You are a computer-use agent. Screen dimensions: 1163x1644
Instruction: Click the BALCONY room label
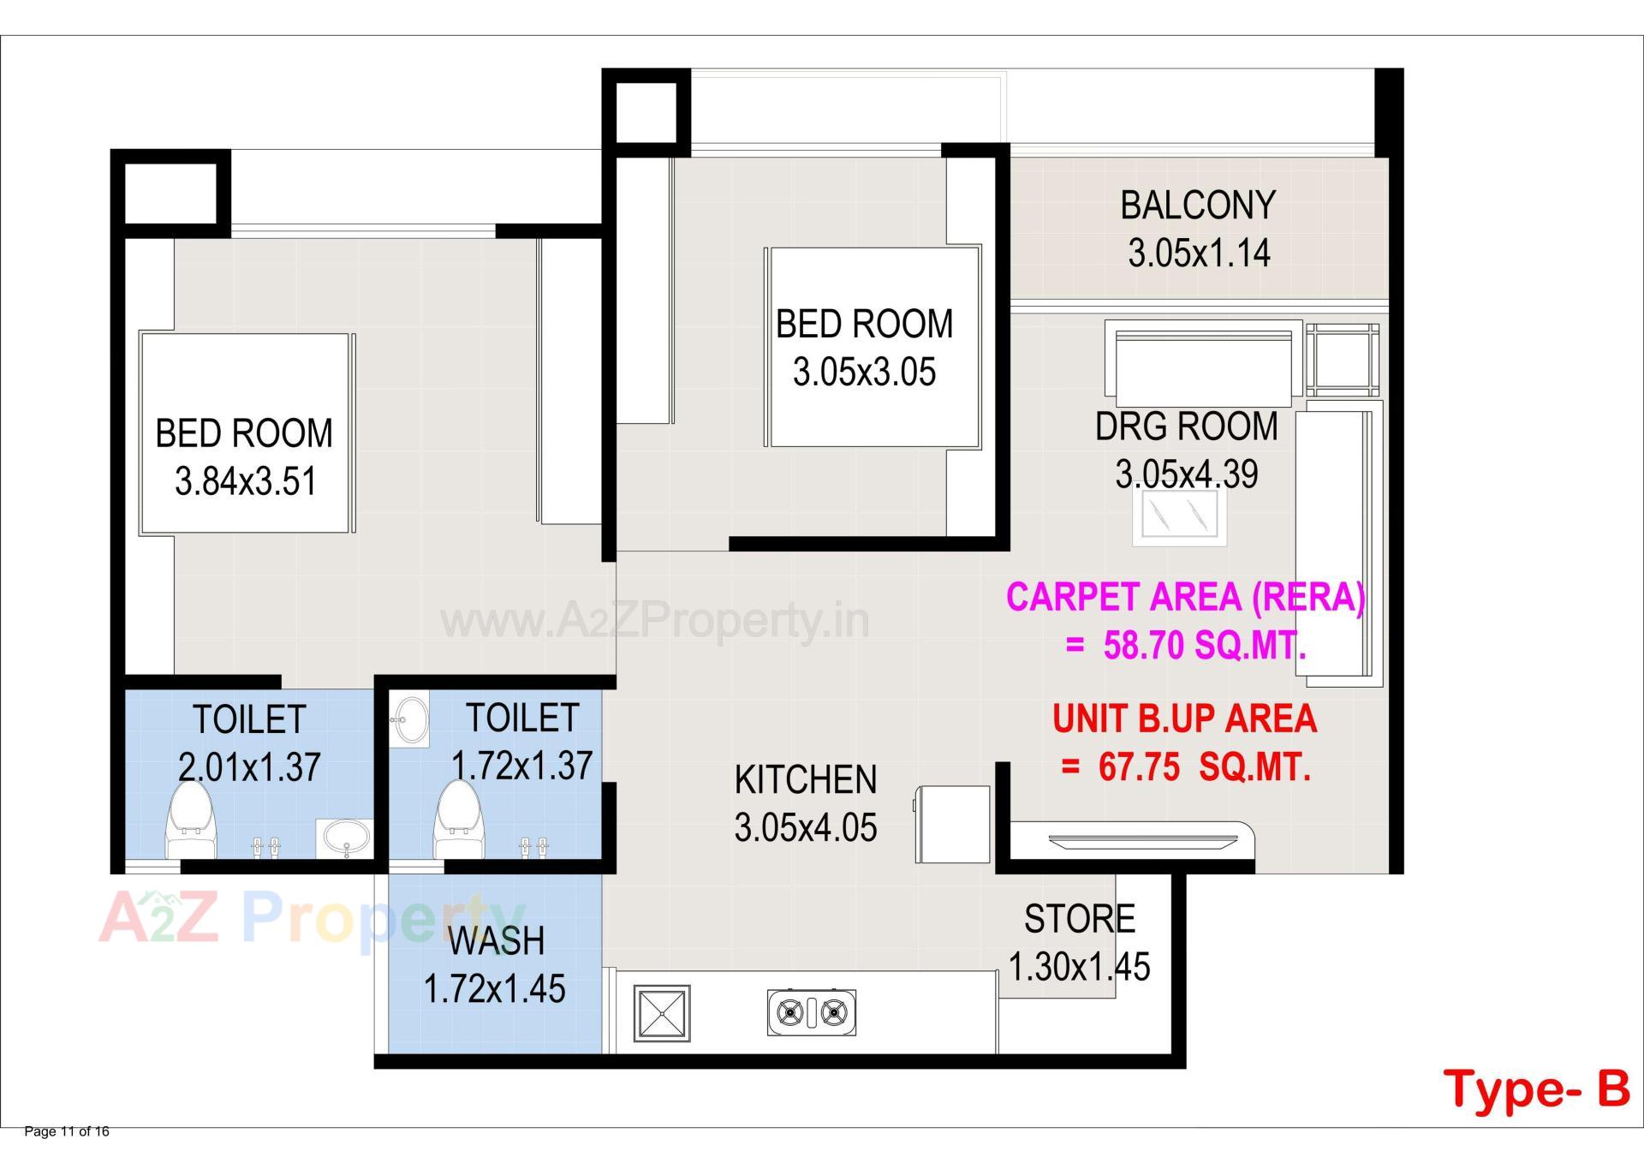coord(1197,206)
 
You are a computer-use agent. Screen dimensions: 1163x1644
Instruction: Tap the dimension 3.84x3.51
coord(246,481)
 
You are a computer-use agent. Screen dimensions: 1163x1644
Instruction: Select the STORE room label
coord(1079,919)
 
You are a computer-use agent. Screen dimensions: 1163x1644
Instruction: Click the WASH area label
coord(496,941)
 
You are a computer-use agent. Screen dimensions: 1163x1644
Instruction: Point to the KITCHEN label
coord(805,780)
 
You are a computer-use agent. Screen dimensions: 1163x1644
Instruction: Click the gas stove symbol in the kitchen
coord(811,1013)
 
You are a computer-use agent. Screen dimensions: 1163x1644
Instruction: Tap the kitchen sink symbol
coord(661,1013)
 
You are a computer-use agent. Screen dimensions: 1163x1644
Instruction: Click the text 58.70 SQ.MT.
coord(1203,646)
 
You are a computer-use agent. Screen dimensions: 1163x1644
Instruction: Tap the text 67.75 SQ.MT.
coord(1203,767)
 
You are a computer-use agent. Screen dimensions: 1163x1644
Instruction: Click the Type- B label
coord(1536,1088)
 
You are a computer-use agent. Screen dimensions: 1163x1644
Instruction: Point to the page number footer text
coord(67,1131)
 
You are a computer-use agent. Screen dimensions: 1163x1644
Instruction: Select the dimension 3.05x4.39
coord(1186,474)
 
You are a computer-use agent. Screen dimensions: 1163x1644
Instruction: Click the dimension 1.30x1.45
coord(1079,967)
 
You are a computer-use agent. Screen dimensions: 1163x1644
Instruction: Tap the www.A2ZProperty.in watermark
coord(654,620)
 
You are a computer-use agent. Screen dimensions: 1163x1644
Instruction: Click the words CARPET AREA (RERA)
coord(1184,597)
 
